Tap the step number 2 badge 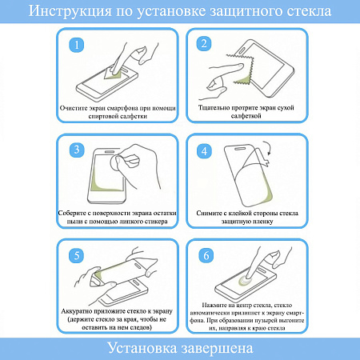click(x=204, y=44)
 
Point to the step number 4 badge click(x=204, y=150)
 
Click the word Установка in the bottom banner click(x=141, y=348)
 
